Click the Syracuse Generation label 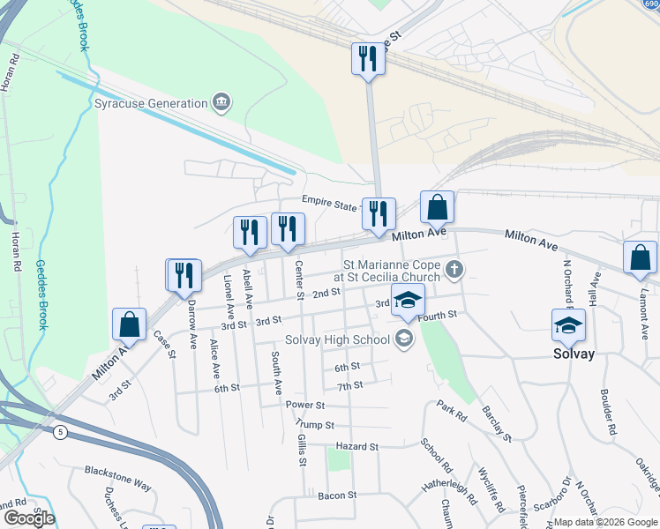[x=150, y=103]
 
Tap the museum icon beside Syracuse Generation [x=221, y=103]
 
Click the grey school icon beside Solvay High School [x=404, y=339]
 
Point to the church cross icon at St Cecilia [x=454, y=269]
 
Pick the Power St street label [x=305, y=405]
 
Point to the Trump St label [x=316, y=425]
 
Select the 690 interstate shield [x=649, y=4]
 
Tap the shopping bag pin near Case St [x=130, y=324]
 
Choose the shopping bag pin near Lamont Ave [x=640, y=257]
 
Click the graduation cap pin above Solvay [x=568, y=324]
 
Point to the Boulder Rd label [x=605, y=410]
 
